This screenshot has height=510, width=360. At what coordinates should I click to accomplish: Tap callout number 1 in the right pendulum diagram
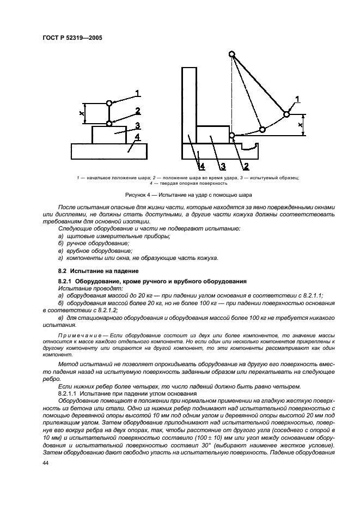pyautogui.click(x=297, y=99)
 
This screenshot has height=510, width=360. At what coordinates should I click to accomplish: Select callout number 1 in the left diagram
pyautogui.click(x=138, y=93)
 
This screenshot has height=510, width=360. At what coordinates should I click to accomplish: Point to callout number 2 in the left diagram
pyautogui.click(x=138, y=111)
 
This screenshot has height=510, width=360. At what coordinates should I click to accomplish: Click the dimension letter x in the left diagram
pyautogui.click(x=81, y=113)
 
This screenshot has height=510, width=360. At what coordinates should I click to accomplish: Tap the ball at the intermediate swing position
pyautogui.click(x=262, y=129)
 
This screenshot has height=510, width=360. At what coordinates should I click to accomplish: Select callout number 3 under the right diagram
pyautogui.click(x=223, y=166)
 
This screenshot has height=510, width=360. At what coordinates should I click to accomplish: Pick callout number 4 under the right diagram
pyautogui.click(x=202, y=166)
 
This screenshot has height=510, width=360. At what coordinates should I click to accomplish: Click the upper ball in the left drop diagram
pyautogui.click(x=109, y=103)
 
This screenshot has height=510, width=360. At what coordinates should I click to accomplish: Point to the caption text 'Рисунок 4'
pyautogui.click(x=139, y=195)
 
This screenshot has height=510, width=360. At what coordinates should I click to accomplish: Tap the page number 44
pyautogui.click(x=45, y=462)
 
